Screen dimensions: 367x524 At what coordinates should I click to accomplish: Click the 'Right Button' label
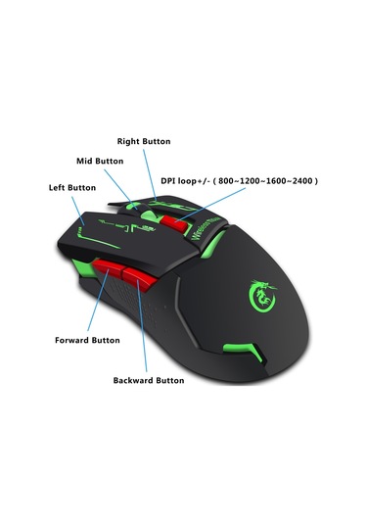click(x=144, y=141)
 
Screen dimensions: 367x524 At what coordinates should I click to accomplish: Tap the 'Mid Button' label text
click(x=100, y=160)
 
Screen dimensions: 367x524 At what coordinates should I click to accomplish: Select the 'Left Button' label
click(x=72, y=187)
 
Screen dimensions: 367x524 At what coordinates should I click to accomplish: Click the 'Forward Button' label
click(x=87, y=340)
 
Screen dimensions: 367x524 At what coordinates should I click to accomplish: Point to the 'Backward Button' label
click(x=149, y=379)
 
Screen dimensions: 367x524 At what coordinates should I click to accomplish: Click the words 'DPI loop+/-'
click(x=187, y=180)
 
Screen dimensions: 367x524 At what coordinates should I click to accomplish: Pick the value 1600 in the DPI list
click(x=278, y=180)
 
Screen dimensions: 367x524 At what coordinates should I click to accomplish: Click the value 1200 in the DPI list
click(x=255, y=180)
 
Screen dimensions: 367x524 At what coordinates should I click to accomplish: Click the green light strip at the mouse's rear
click(x=243, y=350)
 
